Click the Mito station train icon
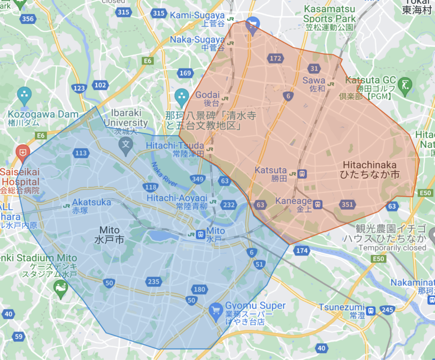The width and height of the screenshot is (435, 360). [x=200, y=234]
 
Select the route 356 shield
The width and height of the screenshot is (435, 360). [x=28, y=19]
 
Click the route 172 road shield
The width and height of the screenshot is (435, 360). [x=275, y=58]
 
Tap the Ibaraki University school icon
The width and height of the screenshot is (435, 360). [x=126, y=145]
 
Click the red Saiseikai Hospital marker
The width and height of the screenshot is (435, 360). [x=22, y=151]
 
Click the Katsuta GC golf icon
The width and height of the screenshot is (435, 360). [x=406, y=82]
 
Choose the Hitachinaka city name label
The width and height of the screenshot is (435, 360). [x=370, y=169]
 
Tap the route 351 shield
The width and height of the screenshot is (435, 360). [x=347, y=205]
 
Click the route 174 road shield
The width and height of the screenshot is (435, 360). [x=302, y=250]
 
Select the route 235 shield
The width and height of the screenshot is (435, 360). [x=153, y=281]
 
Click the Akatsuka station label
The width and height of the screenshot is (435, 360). [x=91, y=206]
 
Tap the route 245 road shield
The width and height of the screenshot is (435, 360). [x=387, y=310]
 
